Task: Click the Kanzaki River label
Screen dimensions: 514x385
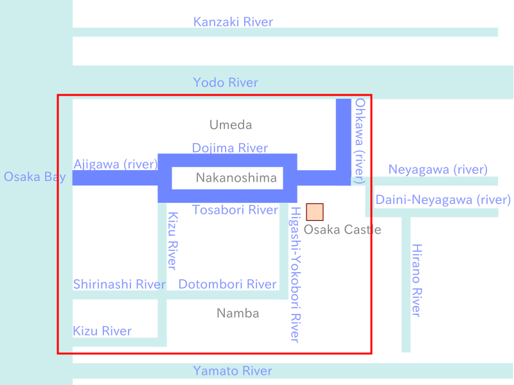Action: click(233, 22)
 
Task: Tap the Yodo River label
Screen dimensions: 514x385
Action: click(226, 83)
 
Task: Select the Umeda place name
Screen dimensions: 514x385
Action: click(231, 124)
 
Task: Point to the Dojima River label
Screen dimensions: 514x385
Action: click(230, 148)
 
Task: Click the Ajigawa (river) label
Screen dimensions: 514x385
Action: click(116, 164)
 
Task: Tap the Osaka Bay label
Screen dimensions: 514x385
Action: click(35, 177)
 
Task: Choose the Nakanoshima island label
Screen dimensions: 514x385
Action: click(236, 178)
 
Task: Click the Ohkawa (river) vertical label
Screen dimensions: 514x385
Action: click(360, 141)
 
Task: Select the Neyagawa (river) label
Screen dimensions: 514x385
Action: click(438, 169)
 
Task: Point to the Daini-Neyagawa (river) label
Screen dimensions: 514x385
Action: click(443, 200)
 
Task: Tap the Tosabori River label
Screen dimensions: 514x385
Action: click(235, 210)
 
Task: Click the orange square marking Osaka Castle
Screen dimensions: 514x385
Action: click(315, 212)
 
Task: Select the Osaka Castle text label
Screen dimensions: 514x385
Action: click(342, 230)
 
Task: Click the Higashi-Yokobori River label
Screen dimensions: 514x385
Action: click(296, 275)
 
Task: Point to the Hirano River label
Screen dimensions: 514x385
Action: click(416, 280)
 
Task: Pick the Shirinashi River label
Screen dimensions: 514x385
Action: click(120, 284)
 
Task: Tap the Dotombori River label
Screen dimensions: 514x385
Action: click(227, 284)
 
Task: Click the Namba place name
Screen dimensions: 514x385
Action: click(238, 313)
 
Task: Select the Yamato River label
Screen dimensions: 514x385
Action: click(233, 371)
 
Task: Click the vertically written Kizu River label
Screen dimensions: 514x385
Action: click(173, 241)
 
